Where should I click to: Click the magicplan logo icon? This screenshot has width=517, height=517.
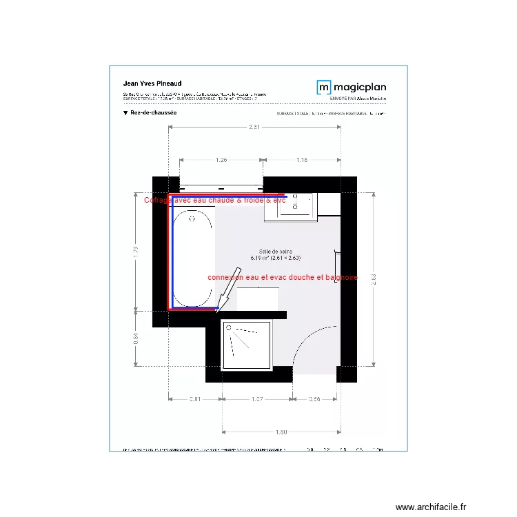tap(324, 87)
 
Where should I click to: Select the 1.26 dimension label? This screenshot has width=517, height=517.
tap(221, 160)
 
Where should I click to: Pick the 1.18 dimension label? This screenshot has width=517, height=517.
tap(302, 160)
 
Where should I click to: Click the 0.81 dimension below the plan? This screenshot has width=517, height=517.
tap(195, 398)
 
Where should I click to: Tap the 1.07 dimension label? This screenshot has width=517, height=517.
tap(257, 398)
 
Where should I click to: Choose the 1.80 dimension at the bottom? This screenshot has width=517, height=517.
tap(281, 432)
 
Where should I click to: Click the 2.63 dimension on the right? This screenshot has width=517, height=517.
tap(373, 278)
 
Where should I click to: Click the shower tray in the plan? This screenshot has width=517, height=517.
tap(246, 345)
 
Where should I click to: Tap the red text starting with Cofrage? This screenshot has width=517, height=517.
tap(214, 201)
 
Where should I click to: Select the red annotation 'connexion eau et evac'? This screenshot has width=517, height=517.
tap(283, 277)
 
